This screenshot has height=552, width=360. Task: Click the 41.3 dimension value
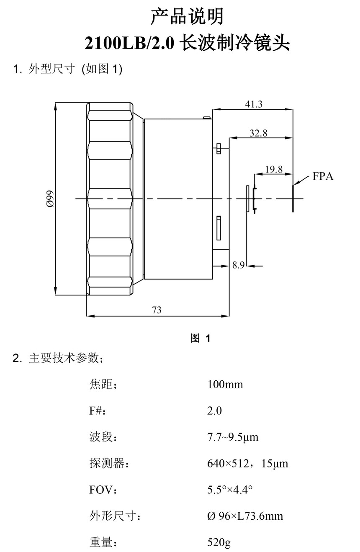click(x=254, y=104)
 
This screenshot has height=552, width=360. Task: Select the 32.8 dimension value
click(x=258, y=133)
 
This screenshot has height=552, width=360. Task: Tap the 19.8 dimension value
click(x=274, y=169)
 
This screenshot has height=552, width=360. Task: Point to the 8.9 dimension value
click(x=238, y=265)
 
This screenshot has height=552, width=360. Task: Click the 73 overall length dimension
click(x=157, y=310)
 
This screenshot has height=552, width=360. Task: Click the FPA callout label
click(x=323, y=176)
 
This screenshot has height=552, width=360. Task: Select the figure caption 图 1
click(x=201, y=338)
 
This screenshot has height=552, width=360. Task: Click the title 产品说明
click(x=187, y=17)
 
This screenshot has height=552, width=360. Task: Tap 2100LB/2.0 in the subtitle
click(x=129, y=43)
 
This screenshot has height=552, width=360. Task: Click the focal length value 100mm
click(x=225, y=384)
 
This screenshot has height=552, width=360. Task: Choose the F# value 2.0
click(x=214, y=410)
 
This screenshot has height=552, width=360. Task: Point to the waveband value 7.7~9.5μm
click(x=233, y=437)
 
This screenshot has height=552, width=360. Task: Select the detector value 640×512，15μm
click(x=247, y=464)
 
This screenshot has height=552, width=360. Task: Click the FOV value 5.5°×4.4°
click(x=229, y=490)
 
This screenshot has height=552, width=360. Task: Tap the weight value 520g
click(x=219, y=543)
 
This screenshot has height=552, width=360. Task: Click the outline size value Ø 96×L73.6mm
click(x=245, y=516)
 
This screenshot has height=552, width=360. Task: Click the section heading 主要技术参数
click(x=63, y=358)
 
